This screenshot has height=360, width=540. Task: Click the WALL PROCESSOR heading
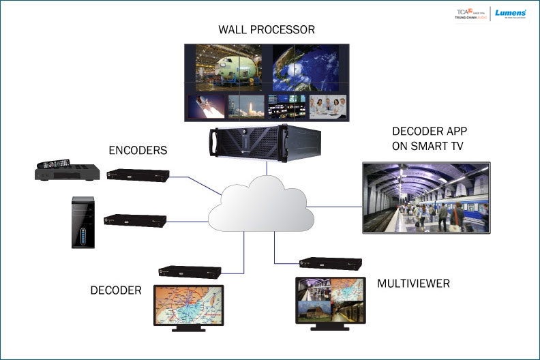267,30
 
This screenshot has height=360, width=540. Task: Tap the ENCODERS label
138,150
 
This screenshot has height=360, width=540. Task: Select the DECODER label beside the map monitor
116,290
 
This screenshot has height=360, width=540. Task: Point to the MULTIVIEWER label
413,283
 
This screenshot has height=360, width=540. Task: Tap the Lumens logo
510,13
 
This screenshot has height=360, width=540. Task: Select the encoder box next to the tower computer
134,220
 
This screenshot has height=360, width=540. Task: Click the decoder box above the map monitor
189,271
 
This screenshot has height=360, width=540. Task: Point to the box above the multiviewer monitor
331,264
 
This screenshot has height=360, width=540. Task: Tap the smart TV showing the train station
426,198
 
